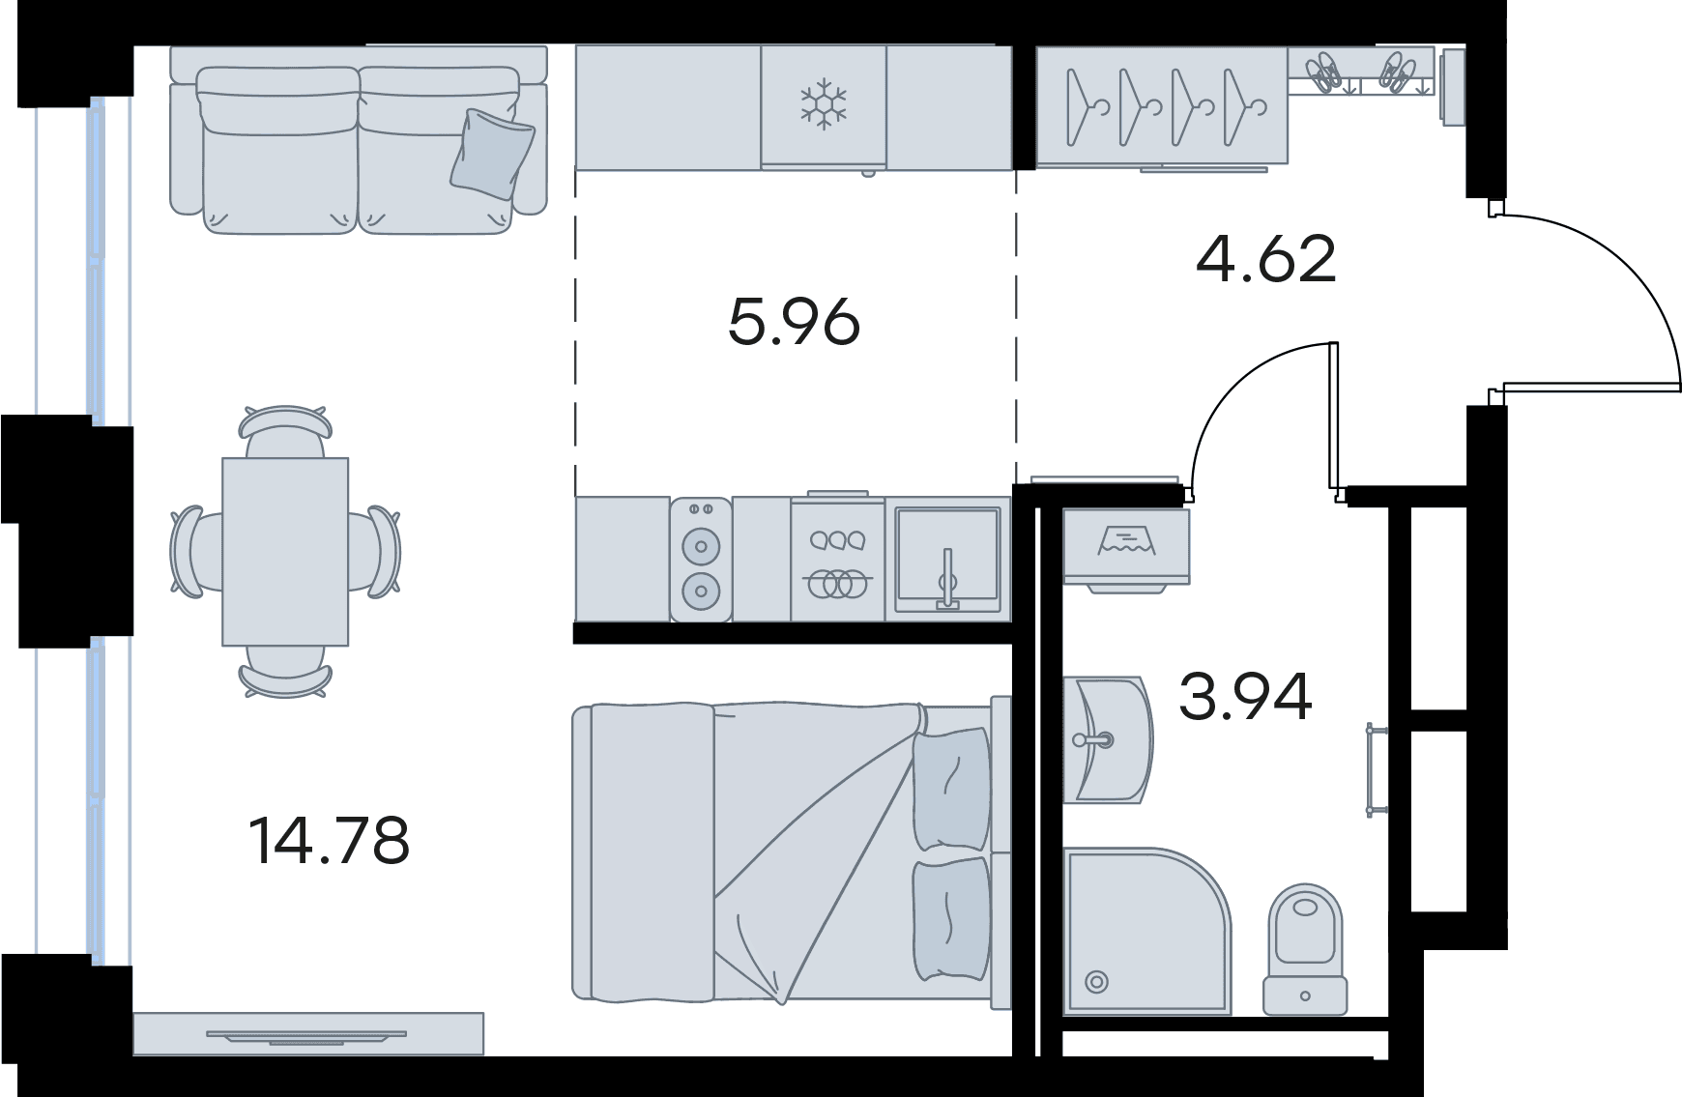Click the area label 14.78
pos(330,840)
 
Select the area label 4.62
pos(1266,259)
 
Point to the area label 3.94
pos(1245,697)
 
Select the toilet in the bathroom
pos(1305,947)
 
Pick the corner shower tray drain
pos(1096,983)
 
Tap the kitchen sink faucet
pos(947,579)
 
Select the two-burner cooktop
pos(701,559)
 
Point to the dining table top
pos(285,551)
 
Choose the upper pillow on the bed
pos(952,789)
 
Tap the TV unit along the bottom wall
pos(307,1034)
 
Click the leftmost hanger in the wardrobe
pos(1082,106)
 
